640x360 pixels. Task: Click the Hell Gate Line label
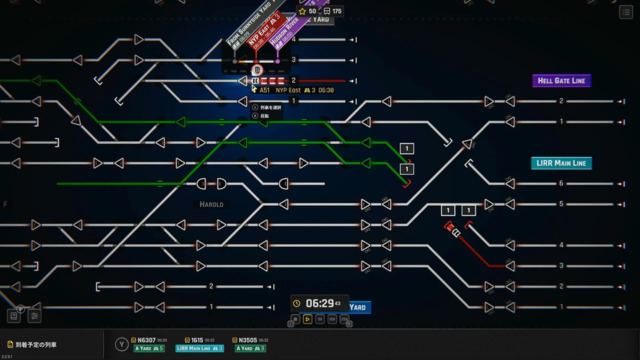click(561, 81)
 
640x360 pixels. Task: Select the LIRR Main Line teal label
click(561, 163)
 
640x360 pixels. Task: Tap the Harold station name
click(211, 204)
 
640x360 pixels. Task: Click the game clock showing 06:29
click(319, 303)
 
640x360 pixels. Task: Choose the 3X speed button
click(320, 319)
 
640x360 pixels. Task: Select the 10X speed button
click(332, 319)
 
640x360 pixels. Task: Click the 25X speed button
click(344, 319)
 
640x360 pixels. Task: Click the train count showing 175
click(332, 11)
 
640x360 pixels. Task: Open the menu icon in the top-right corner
click(626, 13)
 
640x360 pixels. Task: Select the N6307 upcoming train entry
click(149, 340)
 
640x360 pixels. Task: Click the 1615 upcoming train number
click(196, 340)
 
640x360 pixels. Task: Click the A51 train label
click(264, 90)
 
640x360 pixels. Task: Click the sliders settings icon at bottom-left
click(34, 316)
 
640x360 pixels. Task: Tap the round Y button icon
click(121, 344)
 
